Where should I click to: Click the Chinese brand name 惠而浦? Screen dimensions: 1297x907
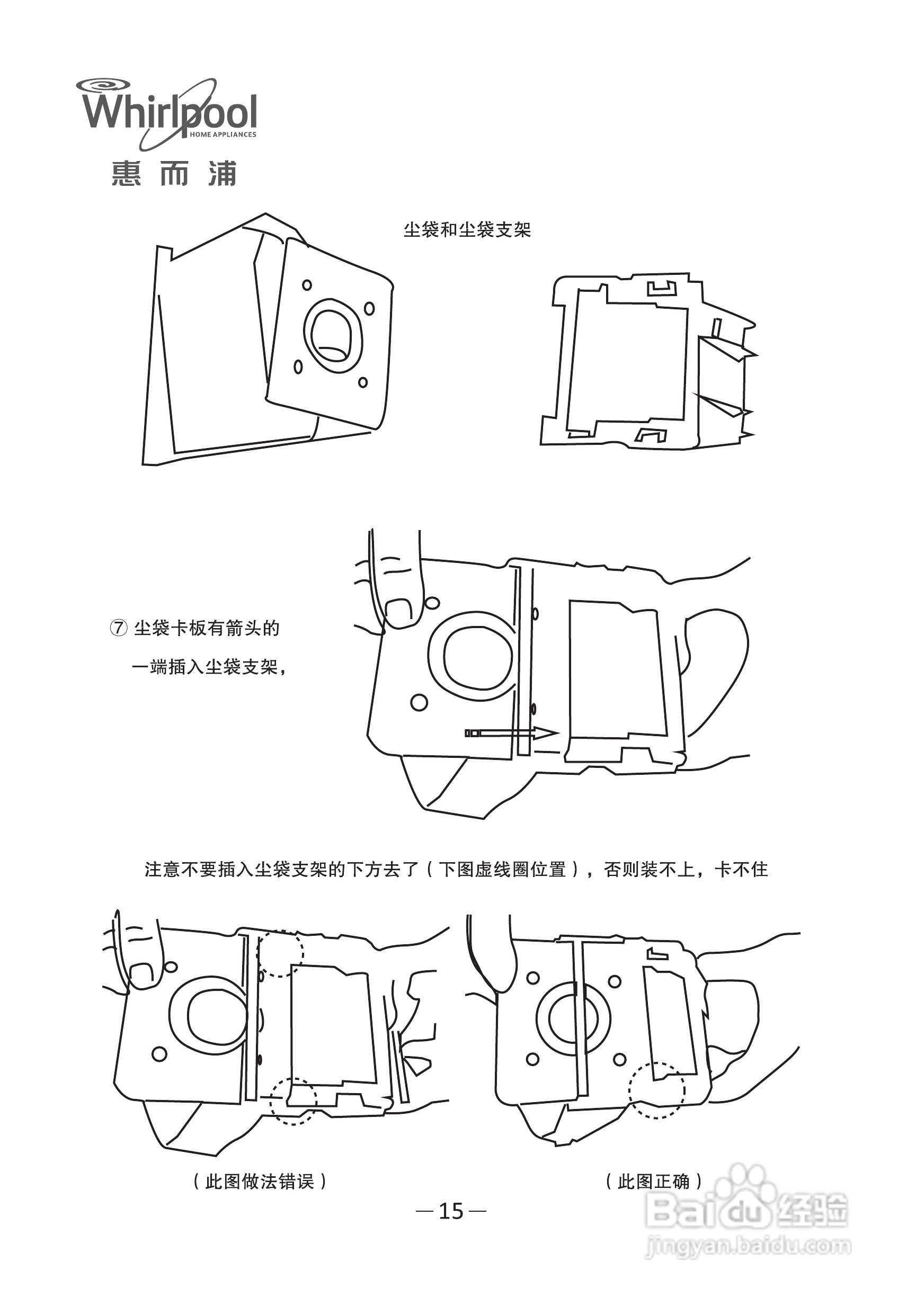[x=173, y=173]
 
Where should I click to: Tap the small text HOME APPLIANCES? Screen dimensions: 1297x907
[x=223, y=135]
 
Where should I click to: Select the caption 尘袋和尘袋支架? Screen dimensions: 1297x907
[x=467, y=230]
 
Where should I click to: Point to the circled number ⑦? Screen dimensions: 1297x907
[x=118, y=628]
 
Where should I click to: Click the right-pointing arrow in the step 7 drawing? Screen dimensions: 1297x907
[x=511, y=733]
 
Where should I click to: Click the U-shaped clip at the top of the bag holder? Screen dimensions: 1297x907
[x=660, y=289]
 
